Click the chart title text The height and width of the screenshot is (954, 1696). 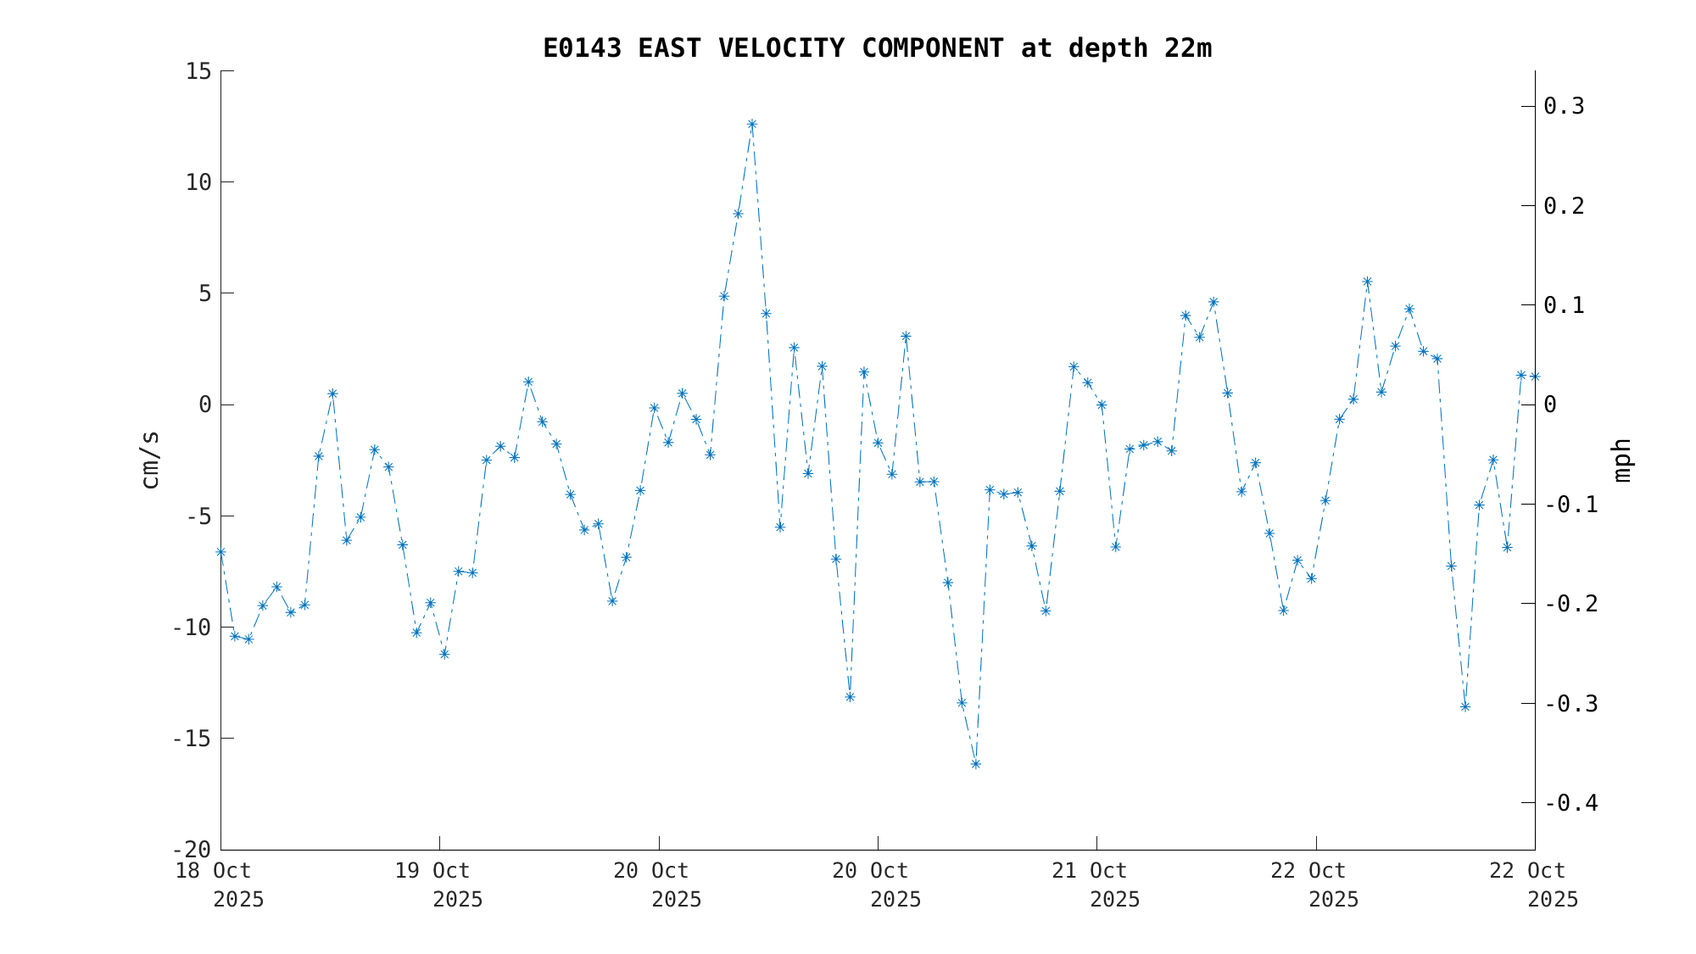pyautogui.click(x=877, y=48)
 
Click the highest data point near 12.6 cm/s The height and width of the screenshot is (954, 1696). pyautogui.click(x=751, y=124)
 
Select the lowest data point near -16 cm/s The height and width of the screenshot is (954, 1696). pyautogui.click(x=975, y=764)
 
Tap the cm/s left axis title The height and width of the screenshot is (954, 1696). pyautogui.click(x=150, y=460)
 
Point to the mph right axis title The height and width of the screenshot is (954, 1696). pyautogui.click(x=1621, y=460)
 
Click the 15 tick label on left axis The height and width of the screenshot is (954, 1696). pyautogui.click(x=198, y=71)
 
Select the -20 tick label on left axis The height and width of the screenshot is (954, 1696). pyautogui.click(x=192, y=850)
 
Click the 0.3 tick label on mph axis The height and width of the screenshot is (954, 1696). pyautogui.click(x=1564, y=106)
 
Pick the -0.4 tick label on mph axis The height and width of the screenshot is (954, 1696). pyautogui.click(x=1570, y=803)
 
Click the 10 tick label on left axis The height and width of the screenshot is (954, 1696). pyautogui.click(x=198, y=182)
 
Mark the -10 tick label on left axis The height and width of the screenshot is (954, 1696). pyautogui.click(x=192, y=628)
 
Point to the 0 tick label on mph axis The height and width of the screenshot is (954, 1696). pyautogui.click(x=1550, y=404)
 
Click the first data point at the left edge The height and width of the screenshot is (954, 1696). pyautogui.click(x=220, y=552)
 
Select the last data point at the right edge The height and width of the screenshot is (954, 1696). pyautogui.click(x=1534, y=377)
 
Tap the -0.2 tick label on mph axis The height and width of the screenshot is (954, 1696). pyautogui.click(x=1570, y=604)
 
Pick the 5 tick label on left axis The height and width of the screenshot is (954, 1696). pyautogui.click(x=204, y=293)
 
